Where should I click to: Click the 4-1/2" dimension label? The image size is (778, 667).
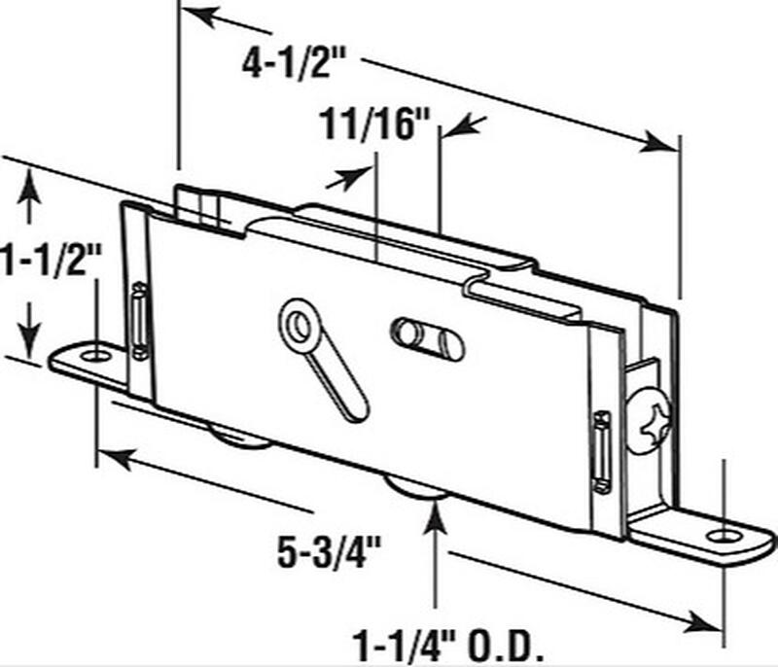(294, 64)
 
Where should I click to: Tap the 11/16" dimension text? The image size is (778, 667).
(374, 124)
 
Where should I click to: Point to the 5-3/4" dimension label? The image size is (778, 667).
(329, 552)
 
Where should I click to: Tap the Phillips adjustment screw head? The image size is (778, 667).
(651, 418)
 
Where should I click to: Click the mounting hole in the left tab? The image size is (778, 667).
(94, 356)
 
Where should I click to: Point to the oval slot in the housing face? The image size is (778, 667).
(428, 338)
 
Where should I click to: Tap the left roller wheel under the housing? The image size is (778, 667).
(239, 437)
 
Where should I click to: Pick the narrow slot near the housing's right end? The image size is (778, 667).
(602, 452)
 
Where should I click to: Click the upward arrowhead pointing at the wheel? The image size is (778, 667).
(436, 515)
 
